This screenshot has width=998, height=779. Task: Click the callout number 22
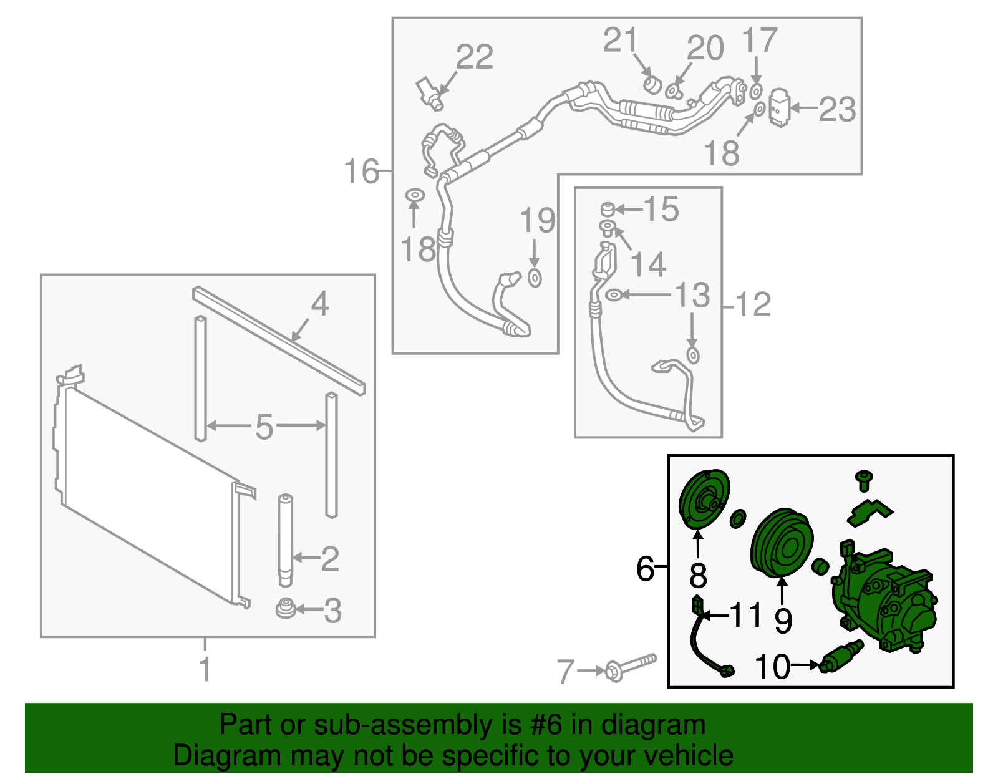coord(475,57)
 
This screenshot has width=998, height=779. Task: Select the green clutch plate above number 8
coord(704,500)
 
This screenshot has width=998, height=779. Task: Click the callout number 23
coord(837,110)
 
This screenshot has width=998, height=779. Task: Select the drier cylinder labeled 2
coord(285,539)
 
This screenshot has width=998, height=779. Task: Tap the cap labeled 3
coord(285,608)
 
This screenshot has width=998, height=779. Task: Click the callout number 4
coord(319,304)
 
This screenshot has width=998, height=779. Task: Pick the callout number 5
coord(264,427)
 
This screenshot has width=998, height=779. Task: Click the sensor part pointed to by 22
coord(430,92)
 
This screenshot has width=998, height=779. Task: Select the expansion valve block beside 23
coord(778,108)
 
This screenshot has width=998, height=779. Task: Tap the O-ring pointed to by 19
coord(535,278)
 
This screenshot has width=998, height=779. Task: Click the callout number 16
coord(361,171)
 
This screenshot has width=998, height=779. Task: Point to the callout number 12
coord(753,305)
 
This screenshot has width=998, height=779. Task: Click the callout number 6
coord(645,568)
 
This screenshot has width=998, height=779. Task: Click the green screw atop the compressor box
coord(864,480)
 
